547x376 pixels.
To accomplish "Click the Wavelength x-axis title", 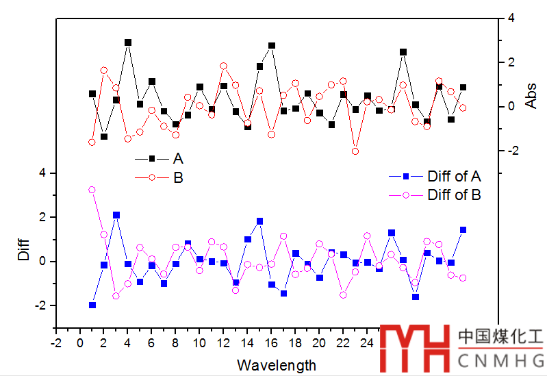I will (277, 365).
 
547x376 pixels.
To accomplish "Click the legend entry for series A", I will (177, 158).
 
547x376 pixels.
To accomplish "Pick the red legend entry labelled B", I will (177, 178).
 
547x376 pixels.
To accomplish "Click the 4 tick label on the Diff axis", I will (42, 173).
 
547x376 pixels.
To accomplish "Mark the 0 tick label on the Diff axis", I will (42, 262).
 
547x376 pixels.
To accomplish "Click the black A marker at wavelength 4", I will (128, 42).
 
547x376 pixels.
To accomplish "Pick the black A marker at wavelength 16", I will (272, 46).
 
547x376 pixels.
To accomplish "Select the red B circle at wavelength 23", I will (355, 151).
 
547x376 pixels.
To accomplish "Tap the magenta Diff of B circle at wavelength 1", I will (92, 190).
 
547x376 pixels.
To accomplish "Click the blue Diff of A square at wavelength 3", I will (116, 215).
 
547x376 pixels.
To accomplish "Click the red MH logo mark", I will (416, 349).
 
